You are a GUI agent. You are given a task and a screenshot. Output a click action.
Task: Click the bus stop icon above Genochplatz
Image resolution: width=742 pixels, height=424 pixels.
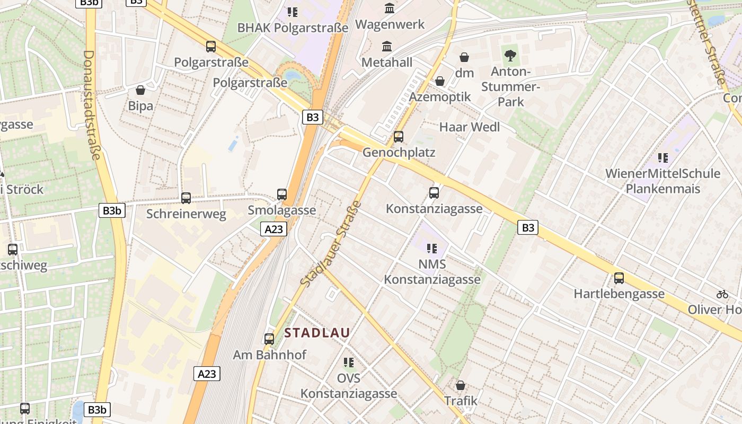[399, 137]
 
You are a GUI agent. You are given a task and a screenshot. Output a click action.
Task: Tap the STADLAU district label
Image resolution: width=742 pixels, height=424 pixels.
[317, 333]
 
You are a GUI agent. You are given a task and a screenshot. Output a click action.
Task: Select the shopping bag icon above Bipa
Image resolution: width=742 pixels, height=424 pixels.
[140, 90]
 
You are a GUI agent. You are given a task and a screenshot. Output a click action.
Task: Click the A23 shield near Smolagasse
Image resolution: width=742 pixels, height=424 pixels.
[274, 229]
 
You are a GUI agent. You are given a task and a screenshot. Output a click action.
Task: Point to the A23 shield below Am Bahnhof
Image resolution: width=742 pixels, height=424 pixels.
[207, 374]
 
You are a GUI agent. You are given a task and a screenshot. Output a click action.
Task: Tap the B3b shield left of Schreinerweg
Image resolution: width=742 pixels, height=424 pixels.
[111, 210]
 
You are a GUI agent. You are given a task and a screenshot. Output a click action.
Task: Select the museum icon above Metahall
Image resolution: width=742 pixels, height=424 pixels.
[387, 47]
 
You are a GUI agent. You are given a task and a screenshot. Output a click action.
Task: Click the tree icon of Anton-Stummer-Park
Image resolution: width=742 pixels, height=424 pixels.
[510, 55]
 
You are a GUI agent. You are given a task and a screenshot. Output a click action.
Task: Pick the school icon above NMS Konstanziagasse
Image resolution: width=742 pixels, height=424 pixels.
[432, 248]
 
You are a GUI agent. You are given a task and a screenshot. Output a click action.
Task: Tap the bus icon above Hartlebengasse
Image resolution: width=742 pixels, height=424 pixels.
[619, 278]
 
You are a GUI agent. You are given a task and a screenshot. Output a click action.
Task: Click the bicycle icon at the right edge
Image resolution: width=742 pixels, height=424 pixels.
[722, 294]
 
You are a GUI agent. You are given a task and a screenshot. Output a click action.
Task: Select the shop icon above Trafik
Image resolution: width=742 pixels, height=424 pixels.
[461, 385]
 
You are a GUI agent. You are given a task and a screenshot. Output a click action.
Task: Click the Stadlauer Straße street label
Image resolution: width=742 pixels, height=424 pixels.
[330, 244]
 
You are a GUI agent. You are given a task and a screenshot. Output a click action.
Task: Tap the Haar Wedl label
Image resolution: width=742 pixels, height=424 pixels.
[470, 127]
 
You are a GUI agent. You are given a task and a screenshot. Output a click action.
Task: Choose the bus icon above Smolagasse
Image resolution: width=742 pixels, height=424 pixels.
[282, 195]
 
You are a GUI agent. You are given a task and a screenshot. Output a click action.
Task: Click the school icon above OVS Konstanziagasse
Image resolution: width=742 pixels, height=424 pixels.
[348, 363]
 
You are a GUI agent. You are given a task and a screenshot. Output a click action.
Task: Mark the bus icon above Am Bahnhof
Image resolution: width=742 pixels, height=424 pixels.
[269, 339]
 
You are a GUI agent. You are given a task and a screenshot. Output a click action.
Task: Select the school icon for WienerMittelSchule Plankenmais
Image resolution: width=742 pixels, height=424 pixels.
[662, 157]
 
